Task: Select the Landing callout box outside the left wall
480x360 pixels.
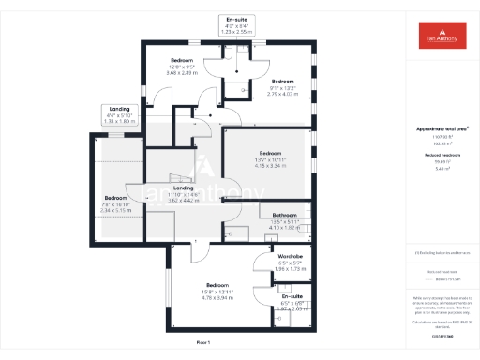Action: [x=119, y=115]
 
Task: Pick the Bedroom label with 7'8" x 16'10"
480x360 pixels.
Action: [x=116, y=199]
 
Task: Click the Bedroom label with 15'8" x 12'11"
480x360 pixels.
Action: [x=217, y=285]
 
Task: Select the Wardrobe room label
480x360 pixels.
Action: [x=290, y=257]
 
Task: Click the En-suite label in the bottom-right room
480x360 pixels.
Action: [x=292, y=295]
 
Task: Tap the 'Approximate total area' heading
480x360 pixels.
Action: [x=440, y=128]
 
